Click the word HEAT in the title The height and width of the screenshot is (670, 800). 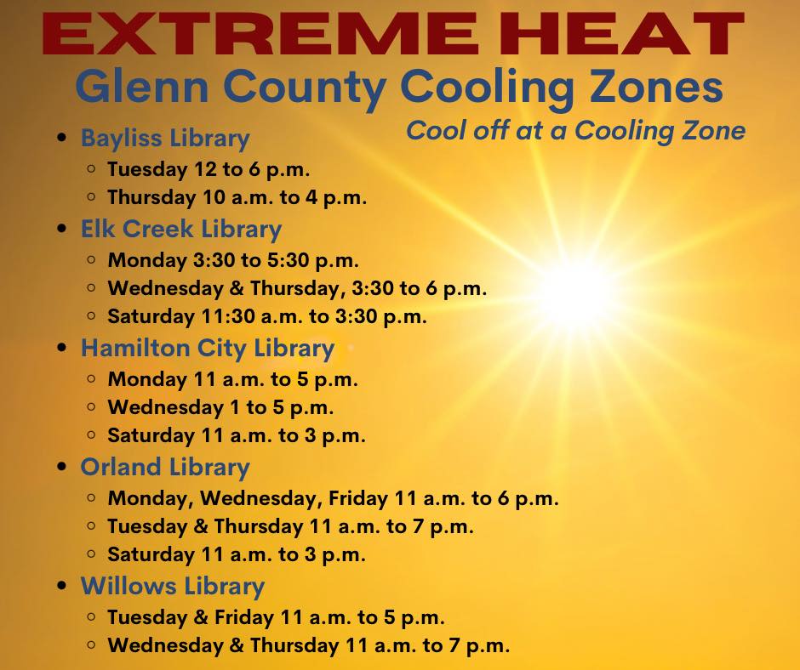click(x=621, y=34)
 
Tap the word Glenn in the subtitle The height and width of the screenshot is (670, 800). click(x=142, y=87)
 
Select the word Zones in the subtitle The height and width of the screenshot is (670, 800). click(x=656, y=87)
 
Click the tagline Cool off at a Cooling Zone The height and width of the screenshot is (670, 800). click(x=575, y=131)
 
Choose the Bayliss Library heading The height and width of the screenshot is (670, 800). click(x=165, y=139)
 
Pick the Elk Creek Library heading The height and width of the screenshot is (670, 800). click(x=181, y=229)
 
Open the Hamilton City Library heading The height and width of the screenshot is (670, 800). click(x=208, y=349)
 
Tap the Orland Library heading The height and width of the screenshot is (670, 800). click(x=165, y=468)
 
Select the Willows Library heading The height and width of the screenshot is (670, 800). click(x=173, y=587)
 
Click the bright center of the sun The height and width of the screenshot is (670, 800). click(x=579, y=295)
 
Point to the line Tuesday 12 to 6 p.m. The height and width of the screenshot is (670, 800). click(x=209, y=170)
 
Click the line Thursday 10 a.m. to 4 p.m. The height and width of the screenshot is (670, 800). click(x=237, y=198)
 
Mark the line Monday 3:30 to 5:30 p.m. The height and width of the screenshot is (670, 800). click(x=233, y=260)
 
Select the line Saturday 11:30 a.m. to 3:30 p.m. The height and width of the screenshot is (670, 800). click(x=267, y=316)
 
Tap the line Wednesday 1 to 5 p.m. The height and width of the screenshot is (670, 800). click(x=220, y=408)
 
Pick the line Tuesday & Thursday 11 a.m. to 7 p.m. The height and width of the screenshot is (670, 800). click(x=291, y=526)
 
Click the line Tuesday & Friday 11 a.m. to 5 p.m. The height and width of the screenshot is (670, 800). click(x=276, y=617)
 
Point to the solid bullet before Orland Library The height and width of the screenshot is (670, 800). click(x=62, y=467)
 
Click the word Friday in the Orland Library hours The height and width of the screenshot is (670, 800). click(x=357, y=499)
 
